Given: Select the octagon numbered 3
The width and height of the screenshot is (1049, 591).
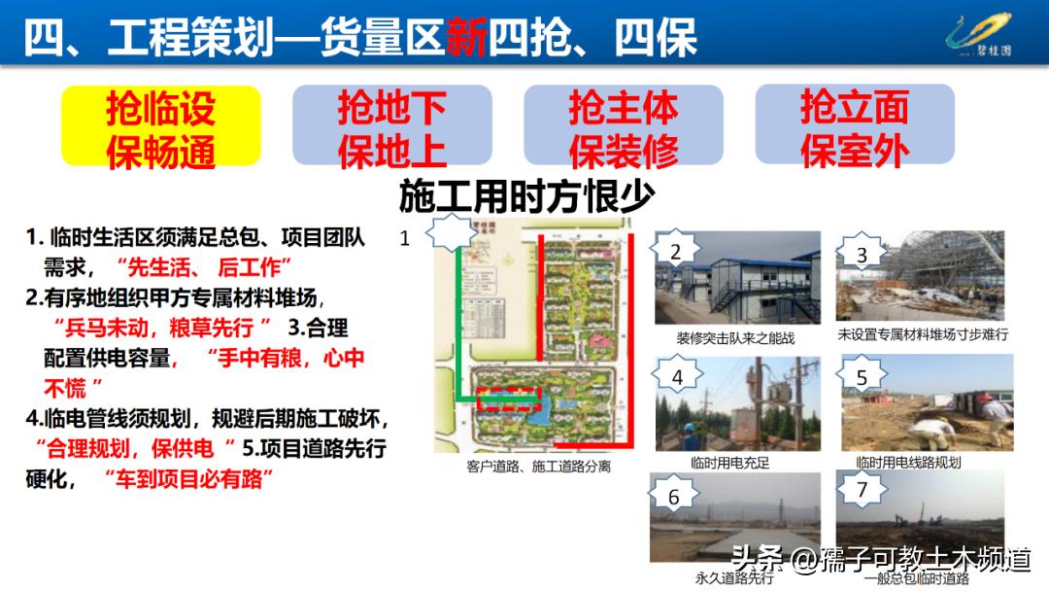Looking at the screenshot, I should [x=862, y=255].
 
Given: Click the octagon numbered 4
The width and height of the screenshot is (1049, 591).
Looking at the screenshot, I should [x=677, y=376].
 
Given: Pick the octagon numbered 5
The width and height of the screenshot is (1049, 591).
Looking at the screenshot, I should [x=862, y=376].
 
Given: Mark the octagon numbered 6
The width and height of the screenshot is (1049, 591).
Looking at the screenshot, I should [x=674, y=496].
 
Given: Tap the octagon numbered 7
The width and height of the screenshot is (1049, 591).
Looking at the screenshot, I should [x=862, y=490].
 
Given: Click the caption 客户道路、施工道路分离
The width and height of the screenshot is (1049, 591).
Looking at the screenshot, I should [x=538, y=467].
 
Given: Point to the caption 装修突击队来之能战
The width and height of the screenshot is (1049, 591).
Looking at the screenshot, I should [x=735, y=337].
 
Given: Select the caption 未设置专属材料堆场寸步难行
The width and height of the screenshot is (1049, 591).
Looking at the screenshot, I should [x=923, y=333].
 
